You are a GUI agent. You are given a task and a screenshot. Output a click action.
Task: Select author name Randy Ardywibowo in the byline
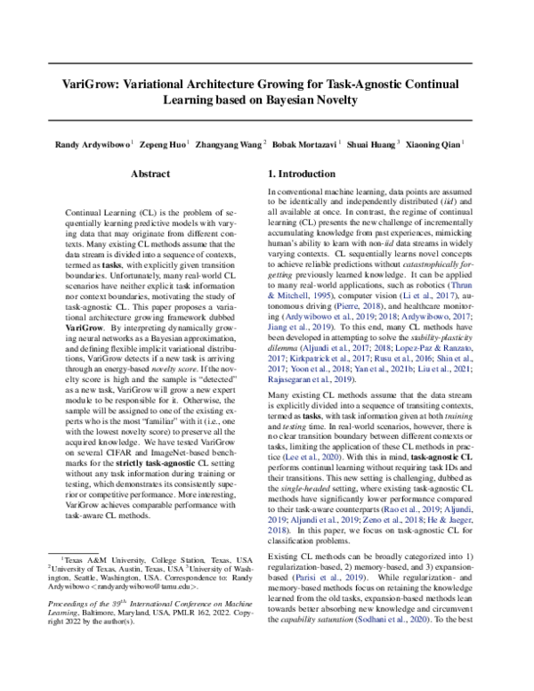(x=93, y=142)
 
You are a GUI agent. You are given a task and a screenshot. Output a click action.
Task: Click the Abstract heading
(x=150, y=175)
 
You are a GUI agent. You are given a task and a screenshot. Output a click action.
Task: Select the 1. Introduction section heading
(x=309, y=175)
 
